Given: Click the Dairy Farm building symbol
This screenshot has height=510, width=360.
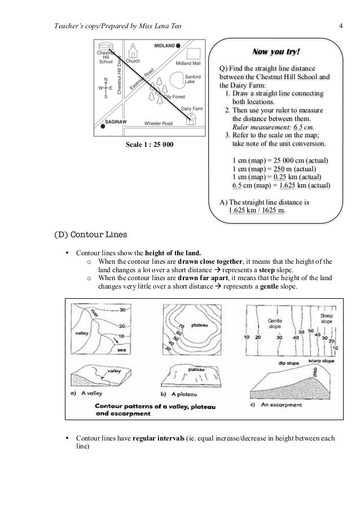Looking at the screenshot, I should [192, 119].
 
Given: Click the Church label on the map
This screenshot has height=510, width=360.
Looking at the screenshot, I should [133, 61].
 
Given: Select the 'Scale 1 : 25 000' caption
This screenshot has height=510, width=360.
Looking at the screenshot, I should [149, 145].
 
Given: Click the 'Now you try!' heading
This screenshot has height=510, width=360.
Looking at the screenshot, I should [276, 53].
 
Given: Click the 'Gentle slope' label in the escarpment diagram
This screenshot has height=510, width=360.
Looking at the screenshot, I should [275, 324].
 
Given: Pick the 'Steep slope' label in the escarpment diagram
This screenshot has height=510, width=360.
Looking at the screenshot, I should [326, 318].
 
